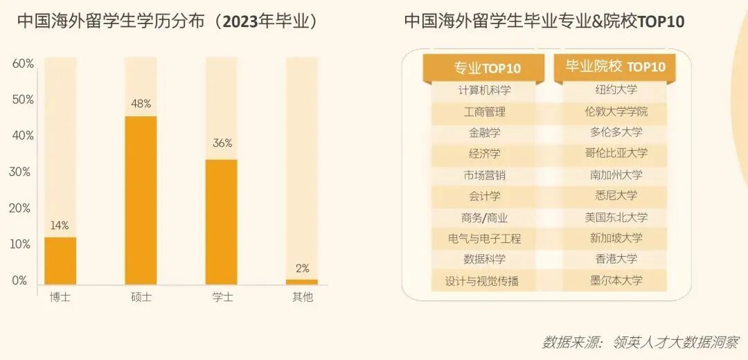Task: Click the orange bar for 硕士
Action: (x=141, y=200)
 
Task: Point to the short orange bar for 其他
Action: (x=302, y=282)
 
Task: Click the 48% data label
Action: (x=141, y=104)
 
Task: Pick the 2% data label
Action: (x=302, y=269)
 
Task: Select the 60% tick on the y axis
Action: (x=23, y=64)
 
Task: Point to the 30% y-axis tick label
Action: (x=23, y=172)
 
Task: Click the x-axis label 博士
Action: (x=60, y=298)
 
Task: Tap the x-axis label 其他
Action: (x=302, y=298)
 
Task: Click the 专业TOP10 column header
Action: (x=487, y=68)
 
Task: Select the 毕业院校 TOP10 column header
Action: (x=615, y=66)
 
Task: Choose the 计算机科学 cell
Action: (x=485, y=90)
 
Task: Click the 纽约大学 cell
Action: (x=616, y=90)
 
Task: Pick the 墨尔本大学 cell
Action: (x=616, y=280)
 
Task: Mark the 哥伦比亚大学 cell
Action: (x=616, y=153)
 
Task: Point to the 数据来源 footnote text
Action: (x=640, y=342)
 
